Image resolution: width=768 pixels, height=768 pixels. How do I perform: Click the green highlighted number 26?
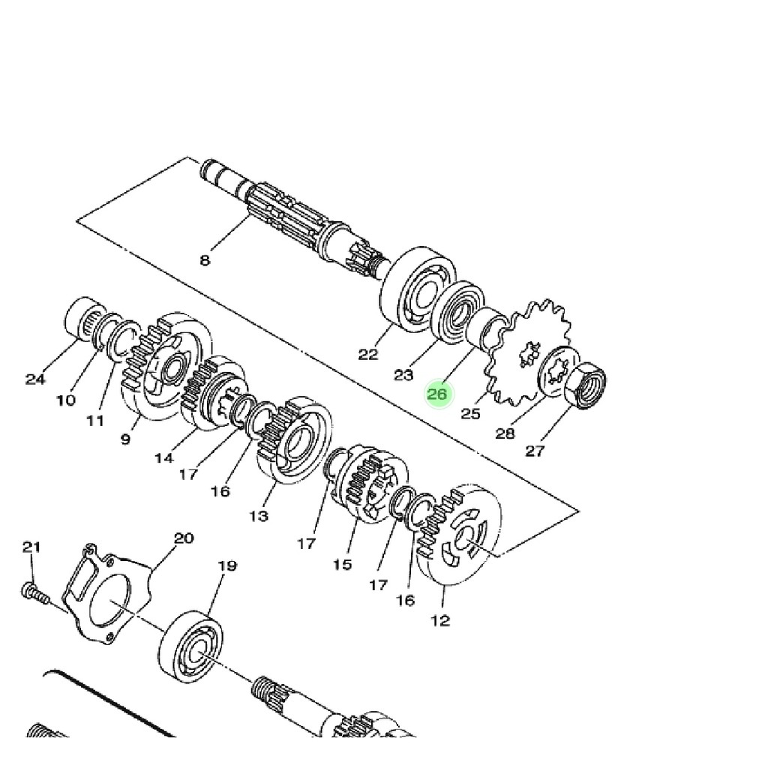pyautogui.click(x=437, y=394)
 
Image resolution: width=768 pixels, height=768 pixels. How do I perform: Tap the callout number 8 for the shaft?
pyautogui.click(x=205, y=260)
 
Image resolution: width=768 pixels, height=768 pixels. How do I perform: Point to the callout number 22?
pyautogui.click(x=368, y=354)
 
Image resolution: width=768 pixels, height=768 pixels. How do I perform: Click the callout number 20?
pyautogui.click(x=184, y=538)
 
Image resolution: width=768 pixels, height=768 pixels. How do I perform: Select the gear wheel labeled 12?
pyautogui.click(x=458, y=535)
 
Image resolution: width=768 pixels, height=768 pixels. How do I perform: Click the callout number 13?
pyautogui.click(x=259, y=515)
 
